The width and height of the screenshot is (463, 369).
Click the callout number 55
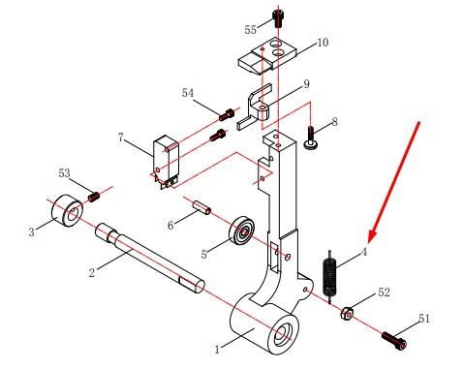250,30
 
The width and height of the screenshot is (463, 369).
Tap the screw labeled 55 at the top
278,18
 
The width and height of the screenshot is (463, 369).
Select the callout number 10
323,43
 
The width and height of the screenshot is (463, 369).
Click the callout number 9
306,84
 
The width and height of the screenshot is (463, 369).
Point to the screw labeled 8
310,138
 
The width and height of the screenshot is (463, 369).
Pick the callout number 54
188,93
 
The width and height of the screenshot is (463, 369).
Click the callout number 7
121,138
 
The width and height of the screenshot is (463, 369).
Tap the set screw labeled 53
94,197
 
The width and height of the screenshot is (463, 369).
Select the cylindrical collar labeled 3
67,210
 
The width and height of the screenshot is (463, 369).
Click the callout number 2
92,273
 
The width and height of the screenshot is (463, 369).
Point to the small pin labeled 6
201,207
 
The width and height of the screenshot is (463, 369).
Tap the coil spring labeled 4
329,276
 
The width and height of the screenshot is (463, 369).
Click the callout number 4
364,252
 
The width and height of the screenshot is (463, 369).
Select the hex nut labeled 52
347,313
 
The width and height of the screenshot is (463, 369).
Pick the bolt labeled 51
394,341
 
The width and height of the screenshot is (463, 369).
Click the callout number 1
217,349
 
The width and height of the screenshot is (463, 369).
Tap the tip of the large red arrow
369,242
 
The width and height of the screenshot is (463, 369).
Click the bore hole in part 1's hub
283,335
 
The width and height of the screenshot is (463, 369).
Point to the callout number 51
424,319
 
